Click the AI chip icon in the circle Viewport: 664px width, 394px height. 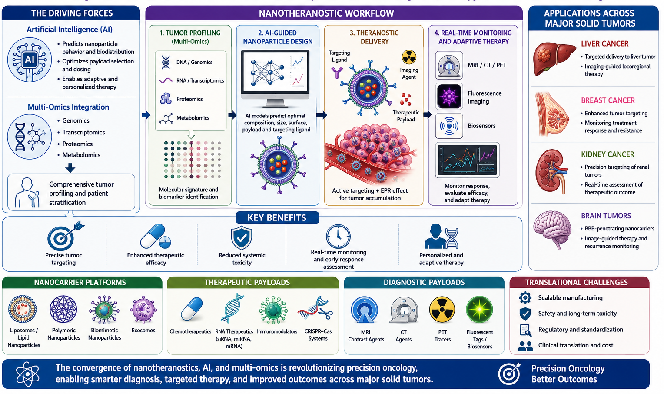tap(30, 60)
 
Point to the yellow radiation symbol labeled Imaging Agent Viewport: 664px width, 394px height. tap(409, 57)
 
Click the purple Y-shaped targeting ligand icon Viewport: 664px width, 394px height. tap(337, 72)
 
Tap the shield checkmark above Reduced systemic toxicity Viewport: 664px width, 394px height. tap(241, 237)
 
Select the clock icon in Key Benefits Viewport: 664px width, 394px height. tap(338, 236)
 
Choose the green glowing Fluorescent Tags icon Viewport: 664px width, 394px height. tap(479, 310)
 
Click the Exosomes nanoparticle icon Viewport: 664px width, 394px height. tap(143, 310)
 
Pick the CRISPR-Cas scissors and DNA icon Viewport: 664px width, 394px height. tap(315, 309)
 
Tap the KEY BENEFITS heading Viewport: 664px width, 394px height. tap(277, 218)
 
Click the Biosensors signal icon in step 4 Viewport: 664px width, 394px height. tap(449, 126)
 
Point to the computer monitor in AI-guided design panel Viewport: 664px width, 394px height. tap(276, 78)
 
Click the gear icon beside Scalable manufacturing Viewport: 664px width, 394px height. tap(525, 297)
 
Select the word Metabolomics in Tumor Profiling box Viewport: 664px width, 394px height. tap(193, 118)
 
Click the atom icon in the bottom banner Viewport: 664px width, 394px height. tap(27, 374)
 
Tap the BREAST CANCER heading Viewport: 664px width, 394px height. tap(608, 100)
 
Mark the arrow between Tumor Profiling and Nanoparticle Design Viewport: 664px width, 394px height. tap(232, 115)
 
